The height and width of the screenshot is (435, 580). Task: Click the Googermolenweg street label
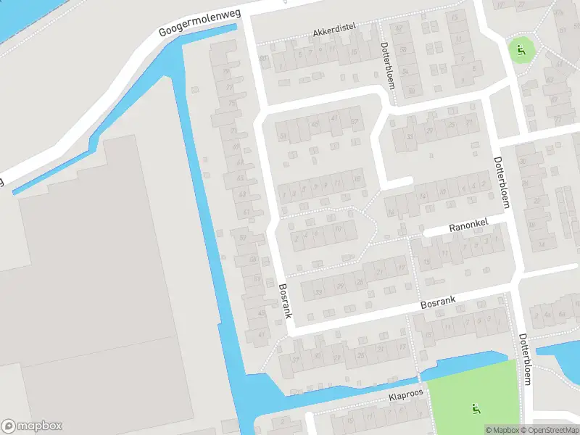[x=200, y=24]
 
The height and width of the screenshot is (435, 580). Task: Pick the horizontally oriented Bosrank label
[x=439, y=302]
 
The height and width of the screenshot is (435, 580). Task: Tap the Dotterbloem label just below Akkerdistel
[x=387, y=65]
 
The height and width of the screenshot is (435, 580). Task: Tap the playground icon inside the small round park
[x=521, y=50]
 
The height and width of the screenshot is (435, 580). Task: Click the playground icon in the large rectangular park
[x=476, y=409]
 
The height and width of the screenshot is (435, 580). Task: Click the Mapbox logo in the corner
[x=32, y=426]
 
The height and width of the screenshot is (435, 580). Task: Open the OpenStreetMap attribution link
[x=550, y=430]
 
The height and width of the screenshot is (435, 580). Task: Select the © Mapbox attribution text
[x=502, y=430]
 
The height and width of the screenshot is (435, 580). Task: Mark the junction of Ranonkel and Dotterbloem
[x=505, y=224]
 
